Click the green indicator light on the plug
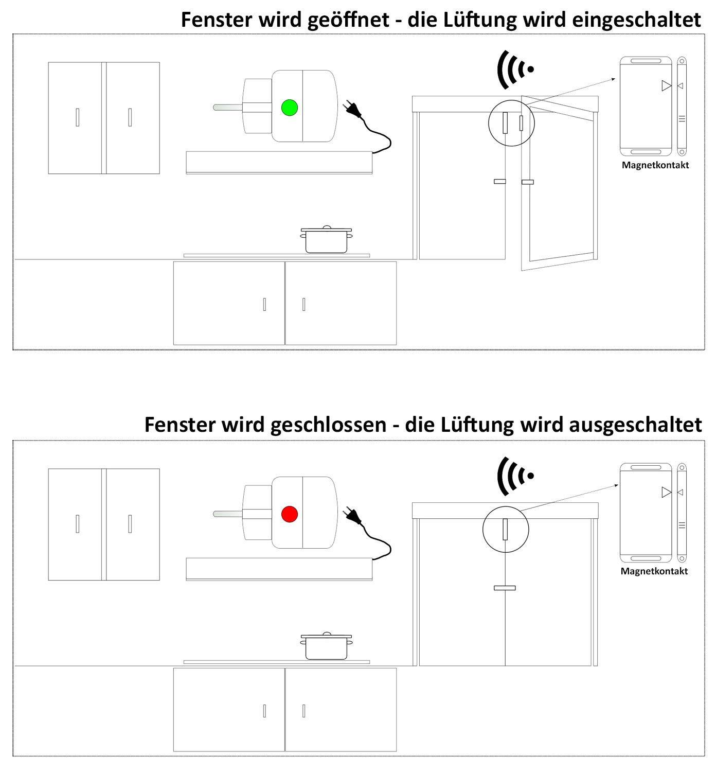(290, 107)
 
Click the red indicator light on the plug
(290, 514)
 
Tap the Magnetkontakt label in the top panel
(655, 165)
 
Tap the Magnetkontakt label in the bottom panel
(654, 571)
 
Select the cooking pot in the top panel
(326, 240)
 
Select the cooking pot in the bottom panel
(326, 646)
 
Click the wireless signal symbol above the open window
(514, 69)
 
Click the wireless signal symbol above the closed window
(514, 476)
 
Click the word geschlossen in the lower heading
(328, 425)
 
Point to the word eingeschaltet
(636, 20)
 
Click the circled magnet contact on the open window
(511, 122)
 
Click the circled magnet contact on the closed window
(506, 529)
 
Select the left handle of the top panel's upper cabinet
(77, 117)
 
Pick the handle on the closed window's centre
(504, 588)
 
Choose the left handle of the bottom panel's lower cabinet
(264, 711)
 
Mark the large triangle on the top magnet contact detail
(666, 86)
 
